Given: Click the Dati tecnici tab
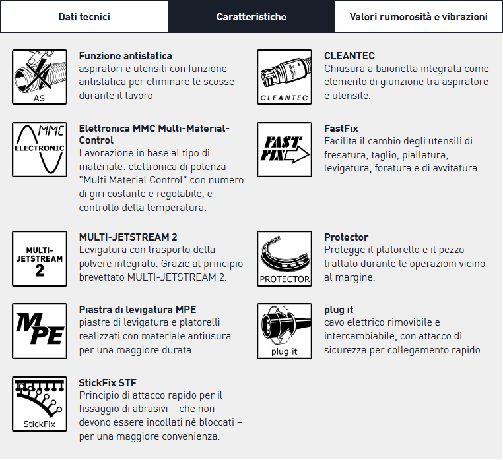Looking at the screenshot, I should pos(84,16).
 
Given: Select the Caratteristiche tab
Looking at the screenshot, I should pos(251,16).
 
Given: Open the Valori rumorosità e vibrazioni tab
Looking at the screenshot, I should pos(419,16).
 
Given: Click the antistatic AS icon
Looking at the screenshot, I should pos(40,77).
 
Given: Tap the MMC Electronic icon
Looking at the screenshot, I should pos(40,149).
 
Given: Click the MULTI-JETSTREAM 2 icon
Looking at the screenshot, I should pos(40,258).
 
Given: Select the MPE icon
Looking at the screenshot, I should pos(40,331).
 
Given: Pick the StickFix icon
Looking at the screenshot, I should pos(40,403).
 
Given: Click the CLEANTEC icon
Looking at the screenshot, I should pos(285,77).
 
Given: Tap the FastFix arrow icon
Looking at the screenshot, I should pos(285,149).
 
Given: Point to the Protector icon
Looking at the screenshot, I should pos(285,258).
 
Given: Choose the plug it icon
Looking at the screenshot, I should pos(285,331).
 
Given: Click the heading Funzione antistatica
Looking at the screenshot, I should pos(125,56).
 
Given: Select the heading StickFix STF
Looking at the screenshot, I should pos(108,382).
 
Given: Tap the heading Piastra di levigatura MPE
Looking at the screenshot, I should pos(137,310).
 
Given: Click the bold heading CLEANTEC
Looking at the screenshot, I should pos(349,56).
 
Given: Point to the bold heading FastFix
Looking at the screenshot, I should pos(341,129).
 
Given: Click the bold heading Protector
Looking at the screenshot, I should pos(346,237).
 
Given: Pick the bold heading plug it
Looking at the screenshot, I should pos(339,310).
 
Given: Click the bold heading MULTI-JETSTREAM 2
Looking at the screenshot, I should pos(128,237).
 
